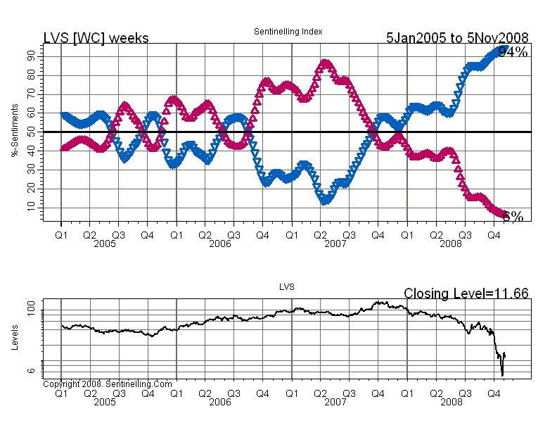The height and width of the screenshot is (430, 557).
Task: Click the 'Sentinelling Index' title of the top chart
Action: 287,32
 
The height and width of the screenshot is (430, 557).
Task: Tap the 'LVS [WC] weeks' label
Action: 96,38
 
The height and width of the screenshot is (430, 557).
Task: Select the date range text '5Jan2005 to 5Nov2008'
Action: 457,38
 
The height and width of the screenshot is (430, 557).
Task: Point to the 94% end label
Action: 513,51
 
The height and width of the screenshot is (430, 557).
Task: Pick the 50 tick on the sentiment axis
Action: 32,132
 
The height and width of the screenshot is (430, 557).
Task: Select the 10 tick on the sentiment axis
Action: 32,206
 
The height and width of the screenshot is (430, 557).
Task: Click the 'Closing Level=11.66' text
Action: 466,293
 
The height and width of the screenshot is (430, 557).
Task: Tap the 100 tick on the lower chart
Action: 32,310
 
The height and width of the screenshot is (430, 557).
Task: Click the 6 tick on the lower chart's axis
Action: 32,369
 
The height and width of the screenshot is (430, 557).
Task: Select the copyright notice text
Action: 107,384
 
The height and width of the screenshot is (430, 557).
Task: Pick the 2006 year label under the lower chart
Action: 219,402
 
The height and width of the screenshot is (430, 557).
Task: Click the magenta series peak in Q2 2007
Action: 325,64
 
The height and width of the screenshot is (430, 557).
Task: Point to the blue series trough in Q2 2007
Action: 325,201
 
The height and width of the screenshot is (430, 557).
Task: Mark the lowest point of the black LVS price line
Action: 502,374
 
